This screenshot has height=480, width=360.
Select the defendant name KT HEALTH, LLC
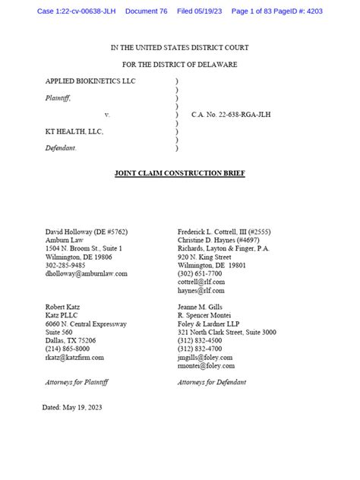coord(73,131)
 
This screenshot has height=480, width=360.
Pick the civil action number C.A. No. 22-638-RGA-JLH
coord(232,115)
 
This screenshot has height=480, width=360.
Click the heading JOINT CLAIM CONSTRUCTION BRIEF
coord(179,174)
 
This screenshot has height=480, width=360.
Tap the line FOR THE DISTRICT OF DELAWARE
coord(179,64)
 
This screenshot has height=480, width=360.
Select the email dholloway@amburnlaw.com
coord(87,273)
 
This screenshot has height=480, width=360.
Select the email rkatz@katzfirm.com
coord(74,357)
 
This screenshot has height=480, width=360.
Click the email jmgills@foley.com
coord(205,357)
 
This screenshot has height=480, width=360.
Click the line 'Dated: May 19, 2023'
coord(72,408)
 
